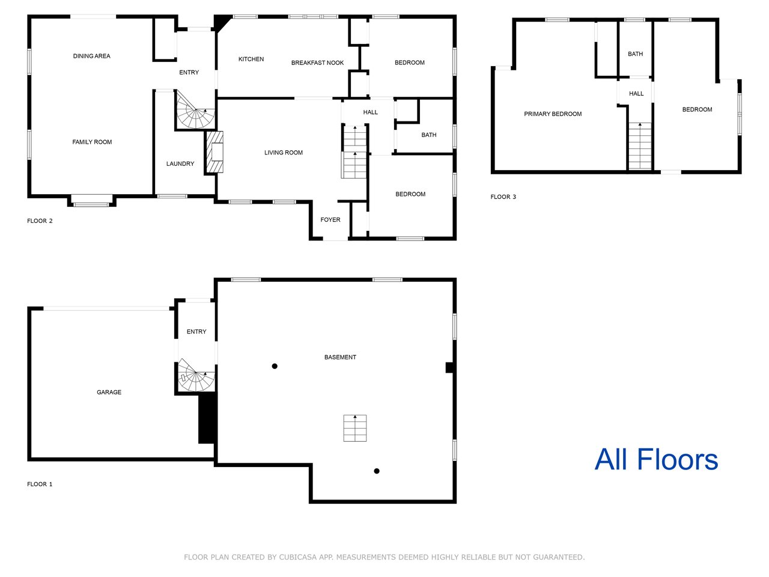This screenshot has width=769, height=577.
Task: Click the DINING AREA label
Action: (91, 56)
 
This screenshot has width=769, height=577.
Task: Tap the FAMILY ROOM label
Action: (92, 142)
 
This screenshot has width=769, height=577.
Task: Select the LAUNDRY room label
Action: (180, 163)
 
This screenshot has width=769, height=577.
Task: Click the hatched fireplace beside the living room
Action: (214, 152)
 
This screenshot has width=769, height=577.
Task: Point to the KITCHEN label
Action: (251, 60)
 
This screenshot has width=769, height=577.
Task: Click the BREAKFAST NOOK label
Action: (317, 63)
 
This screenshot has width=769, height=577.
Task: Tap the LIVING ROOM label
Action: (284, 153)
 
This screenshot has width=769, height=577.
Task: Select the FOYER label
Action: (330, 219)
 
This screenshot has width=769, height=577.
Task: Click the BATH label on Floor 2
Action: (429, 135)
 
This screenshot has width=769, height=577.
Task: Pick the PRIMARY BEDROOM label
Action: (553, 114)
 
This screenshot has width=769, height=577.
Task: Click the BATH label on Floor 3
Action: (635, 54)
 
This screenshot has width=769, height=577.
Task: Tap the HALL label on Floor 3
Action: (636, 94)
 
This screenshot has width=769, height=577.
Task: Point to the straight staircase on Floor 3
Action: (640, 146)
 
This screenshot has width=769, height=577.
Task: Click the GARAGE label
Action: (109, 392)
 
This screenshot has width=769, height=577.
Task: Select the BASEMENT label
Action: (340, 358)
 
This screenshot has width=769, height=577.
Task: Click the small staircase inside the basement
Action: (355, 428)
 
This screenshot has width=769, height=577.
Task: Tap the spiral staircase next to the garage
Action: (196, 375)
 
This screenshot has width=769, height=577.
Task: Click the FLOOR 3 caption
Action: (503, 197)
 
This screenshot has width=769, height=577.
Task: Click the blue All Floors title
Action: (656, 459)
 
